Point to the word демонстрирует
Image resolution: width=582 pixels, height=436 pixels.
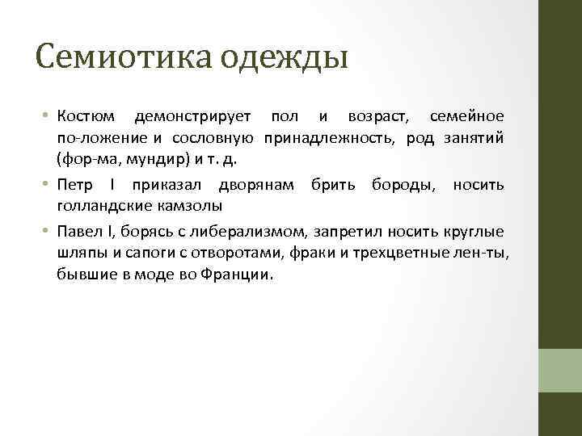point(193,119)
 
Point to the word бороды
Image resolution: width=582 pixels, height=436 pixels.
point(402,185)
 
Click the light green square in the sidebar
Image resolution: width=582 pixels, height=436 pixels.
point(560,370)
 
